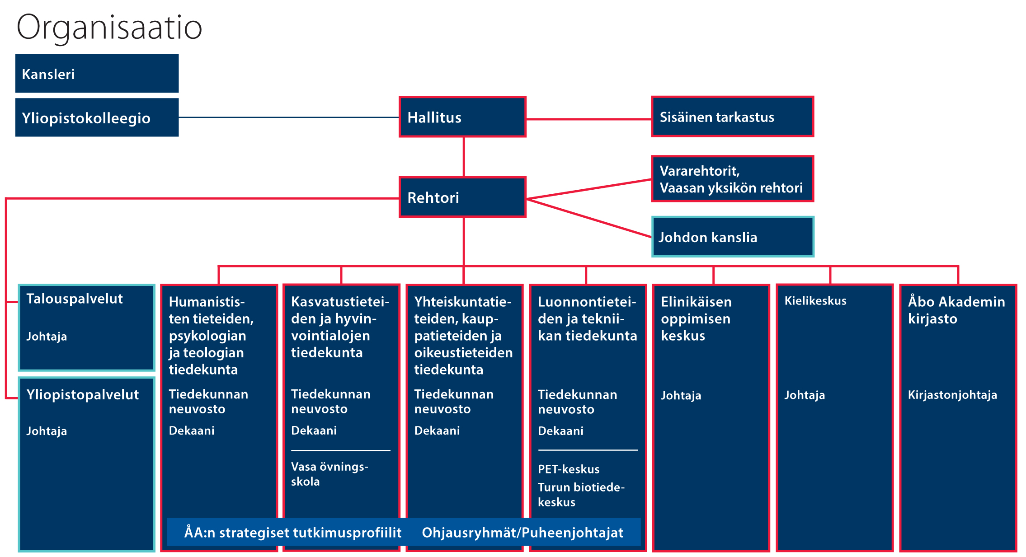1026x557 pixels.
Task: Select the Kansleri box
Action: tap(97, 74)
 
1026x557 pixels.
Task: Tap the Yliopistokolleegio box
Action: tap(97, 117)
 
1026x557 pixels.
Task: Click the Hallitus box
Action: tap(462, 117)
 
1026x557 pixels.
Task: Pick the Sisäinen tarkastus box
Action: tap(732, 117)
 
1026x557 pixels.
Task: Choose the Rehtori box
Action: tap(462, 197)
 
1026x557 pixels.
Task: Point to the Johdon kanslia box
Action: tap(732, 237)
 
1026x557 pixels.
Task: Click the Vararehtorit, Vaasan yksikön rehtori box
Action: tap(732, 179)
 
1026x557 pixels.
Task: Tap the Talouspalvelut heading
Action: tap(75, 299)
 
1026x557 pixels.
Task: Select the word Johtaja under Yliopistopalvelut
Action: tap(47, 431)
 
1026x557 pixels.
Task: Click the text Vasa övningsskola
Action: tap(329, 474)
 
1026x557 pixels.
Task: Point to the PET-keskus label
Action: tap(569, 469)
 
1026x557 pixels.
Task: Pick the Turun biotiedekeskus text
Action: tap(581, 495)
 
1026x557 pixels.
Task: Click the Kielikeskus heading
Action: tap(815, 301)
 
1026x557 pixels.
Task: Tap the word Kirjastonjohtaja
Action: tap(952, 395)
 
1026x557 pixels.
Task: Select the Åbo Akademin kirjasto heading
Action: tap(956, 310)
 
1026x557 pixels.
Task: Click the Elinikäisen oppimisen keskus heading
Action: tap(696, 318)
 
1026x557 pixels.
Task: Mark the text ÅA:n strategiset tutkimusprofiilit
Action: tap(292, 533)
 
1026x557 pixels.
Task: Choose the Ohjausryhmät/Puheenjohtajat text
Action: tap(522, 533)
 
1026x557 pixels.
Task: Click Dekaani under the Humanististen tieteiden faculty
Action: tap(192, 431)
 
